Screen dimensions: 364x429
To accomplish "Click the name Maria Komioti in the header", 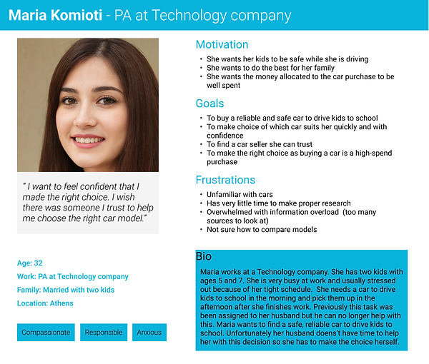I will point(54,15).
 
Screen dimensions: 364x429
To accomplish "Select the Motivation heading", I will point(222,44).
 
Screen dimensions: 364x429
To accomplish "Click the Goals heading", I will point(211,103).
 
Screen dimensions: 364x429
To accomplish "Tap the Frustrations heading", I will point(225,180).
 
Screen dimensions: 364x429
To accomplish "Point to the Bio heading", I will point(204,256).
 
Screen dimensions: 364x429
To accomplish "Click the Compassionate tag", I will point(46,333).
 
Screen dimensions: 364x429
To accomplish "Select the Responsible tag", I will point(104,333).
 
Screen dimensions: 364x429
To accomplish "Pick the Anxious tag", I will point(149,333).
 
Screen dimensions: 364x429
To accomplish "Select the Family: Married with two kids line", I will point(66,290).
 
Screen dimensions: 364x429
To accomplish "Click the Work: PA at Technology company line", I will point(73,276).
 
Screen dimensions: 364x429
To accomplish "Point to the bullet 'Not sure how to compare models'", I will point(261,230).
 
